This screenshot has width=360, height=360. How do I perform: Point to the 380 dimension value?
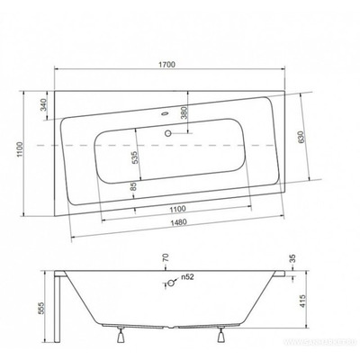click(184, 113)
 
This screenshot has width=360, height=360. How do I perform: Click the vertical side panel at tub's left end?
click(58, 306)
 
